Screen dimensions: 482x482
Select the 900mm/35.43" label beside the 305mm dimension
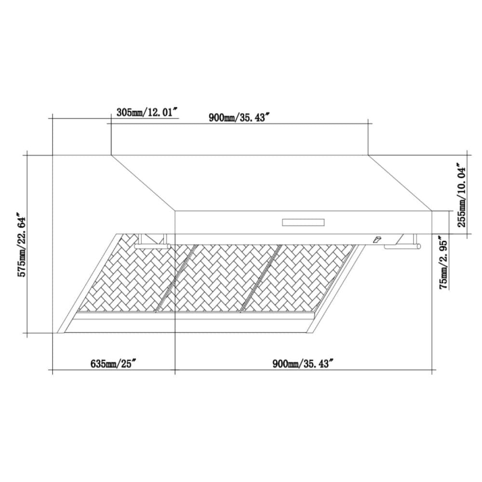click(238, 117)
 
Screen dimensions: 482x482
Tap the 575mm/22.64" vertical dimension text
click(22, 244)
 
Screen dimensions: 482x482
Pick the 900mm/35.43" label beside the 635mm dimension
click(303, 363)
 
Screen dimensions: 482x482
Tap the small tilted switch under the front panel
click(376, 240)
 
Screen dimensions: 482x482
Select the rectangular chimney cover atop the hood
click(240, 140)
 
